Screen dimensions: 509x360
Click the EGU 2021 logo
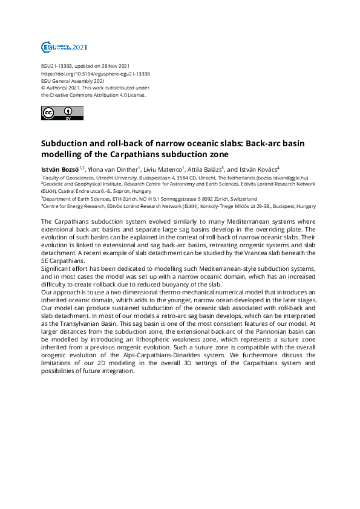coord(64,47)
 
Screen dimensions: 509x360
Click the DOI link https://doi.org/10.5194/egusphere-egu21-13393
coord(95,73)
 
